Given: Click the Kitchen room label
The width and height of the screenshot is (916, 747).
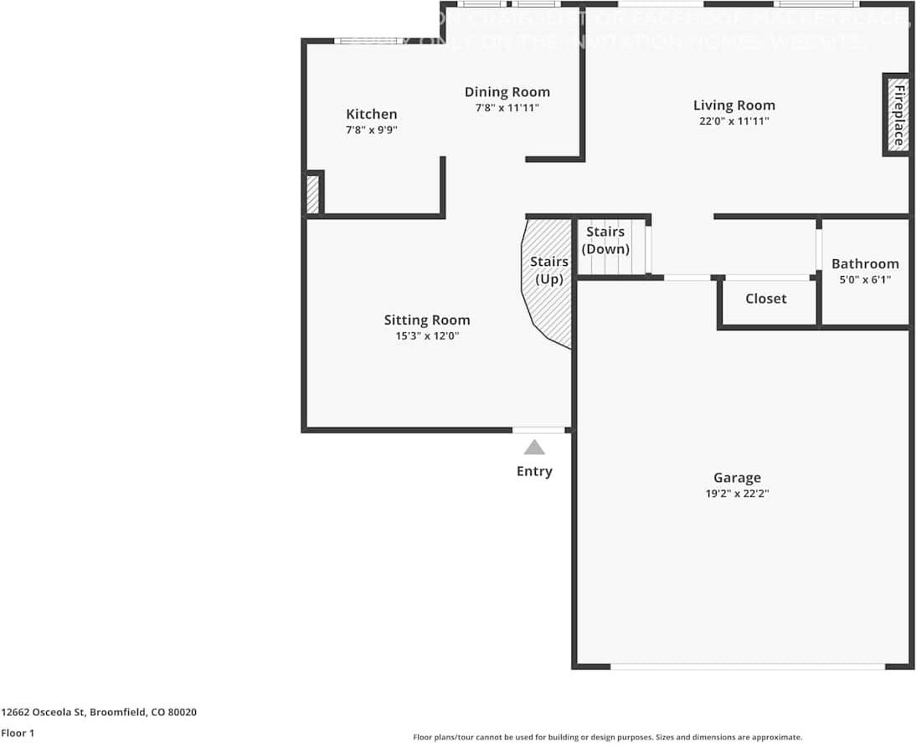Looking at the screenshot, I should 372,115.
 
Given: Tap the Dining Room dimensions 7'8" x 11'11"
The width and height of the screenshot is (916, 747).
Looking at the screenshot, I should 507,107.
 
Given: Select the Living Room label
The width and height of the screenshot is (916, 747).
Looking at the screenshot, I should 733,105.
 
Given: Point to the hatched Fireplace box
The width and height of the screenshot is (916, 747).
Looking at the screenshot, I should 897,115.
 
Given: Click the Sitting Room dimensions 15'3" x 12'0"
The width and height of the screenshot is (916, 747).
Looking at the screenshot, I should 427,335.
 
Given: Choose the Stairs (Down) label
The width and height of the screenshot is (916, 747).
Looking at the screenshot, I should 605,240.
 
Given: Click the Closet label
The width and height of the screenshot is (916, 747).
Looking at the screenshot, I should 765,299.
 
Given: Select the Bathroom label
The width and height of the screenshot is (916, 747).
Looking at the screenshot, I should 865,263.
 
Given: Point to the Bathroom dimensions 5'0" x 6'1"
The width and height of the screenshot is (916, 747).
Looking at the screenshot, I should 865,279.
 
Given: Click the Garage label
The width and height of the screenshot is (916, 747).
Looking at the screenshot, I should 737,478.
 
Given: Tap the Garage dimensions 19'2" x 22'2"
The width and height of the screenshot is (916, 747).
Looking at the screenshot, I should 737,494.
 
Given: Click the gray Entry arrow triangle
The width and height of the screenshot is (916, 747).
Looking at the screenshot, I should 534,448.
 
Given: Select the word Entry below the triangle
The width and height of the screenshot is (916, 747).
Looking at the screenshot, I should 534,471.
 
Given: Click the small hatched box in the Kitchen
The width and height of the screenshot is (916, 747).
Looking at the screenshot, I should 312,194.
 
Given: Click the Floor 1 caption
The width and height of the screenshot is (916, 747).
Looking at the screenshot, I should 18,733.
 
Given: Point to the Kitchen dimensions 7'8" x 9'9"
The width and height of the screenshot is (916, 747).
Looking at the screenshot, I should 372,130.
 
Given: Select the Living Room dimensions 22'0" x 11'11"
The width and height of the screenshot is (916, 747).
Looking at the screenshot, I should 733,121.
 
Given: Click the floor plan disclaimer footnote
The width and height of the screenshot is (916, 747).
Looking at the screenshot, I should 607,737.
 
